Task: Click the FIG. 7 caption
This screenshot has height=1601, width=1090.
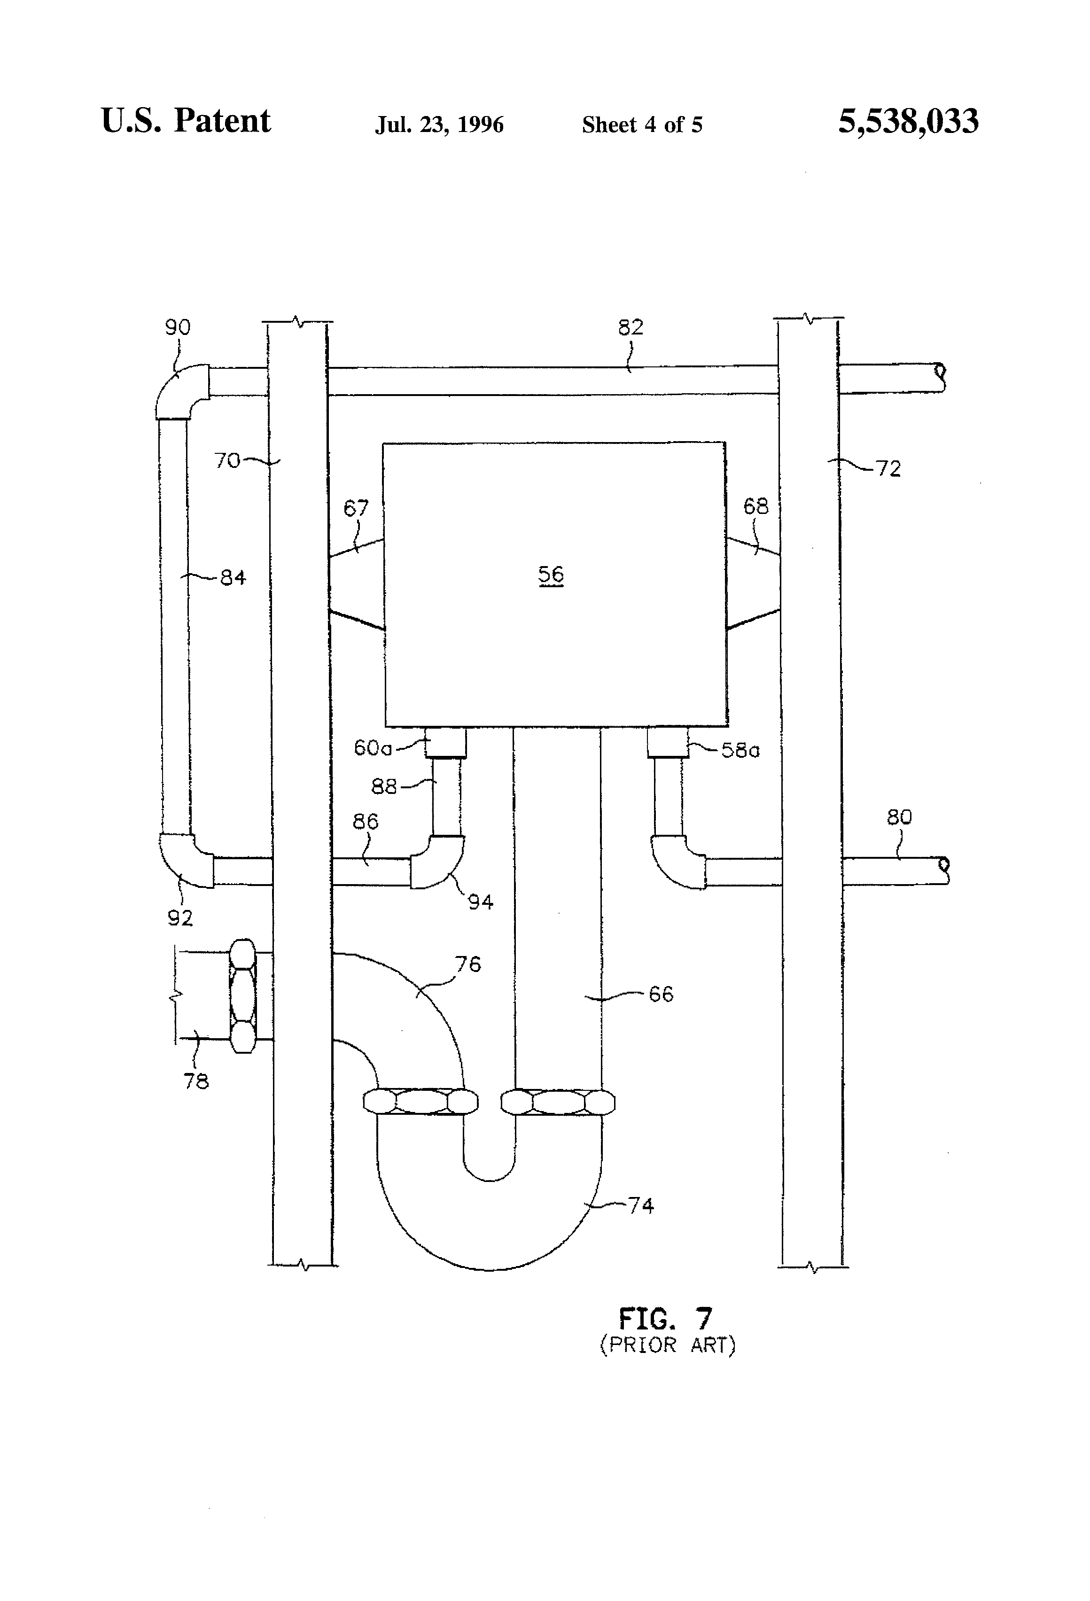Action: pos(664,1319)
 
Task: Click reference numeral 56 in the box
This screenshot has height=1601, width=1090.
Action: pos(551,575)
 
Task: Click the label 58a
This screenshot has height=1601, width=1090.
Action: pos(740,750)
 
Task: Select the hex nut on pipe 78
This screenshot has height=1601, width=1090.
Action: pos(242,995)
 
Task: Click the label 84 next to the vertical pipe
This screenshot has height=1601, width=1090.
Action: pos(233,578)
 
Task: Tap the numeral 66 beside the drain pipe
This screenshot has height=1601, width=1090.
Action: pos(661,994)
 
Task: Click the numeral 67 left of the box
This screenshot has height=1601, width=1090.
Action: pos(356,508)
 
